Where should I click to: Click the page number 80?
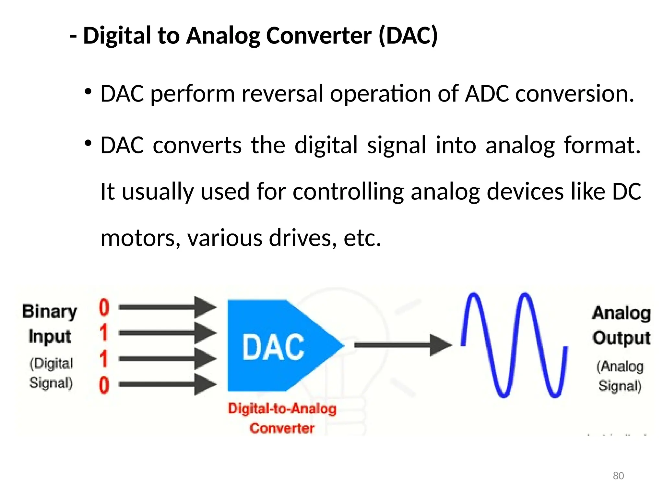click(618, 476)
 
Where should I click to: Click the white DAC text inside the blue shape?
click(273, 347)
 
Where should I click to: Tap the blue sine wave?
click(514, 345)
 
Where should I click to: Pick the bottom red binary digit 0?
click(104, 385)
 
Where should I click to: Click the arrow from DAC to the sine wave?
click(402, 345)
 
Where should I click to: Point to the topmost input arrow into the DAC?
click(167, 307)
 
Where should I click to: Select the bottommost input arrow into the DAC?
click(167, 385)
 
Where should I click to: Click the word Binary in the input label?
click(50, 312)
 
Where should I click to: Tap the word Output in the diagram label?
click(621, 338)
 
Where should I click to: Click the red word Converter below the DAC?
click(282, 428)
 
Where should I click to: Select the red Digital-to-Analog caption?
click(282, 409)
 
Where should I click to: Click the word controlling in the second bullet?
click(348, 192)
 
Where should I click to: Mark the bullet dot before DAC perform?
click(88, 92)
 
